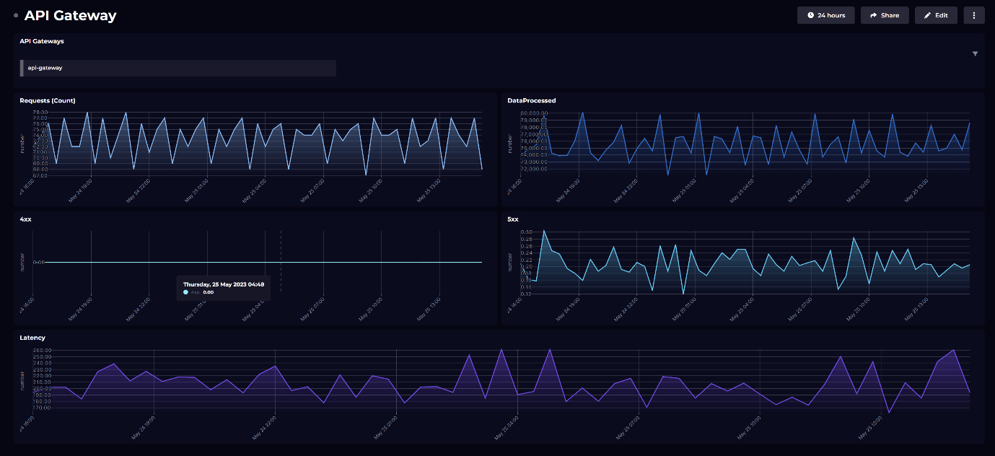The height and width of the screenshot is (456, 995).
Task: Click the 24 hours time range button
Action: pos(825,15)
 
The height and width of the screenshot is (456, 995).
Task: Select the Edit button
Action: pos(936,15)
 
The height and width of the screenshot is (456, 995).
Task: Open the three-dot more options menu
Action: pos(974,15)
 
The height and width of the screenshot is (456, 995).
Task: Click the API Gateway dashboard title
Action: pos(70,15)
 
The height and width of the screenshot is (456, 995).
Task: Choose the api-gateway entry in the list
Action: pos(45,68)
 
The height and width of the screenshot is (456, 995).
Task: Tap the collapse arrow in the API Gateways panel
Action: pos(975,54)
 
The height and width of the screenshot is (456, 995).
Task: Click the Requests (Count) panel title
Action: pos(48,100)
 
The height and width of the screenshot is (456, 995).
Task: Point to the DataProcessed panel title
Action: pos(532,100)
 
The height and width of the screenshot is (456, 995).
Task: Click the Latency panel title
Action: pos(32,338)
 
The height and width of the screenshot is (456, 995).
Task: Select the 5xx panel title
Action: pos(513,219)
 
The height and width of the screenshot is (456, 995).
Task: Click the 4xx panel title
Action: pos(26,219)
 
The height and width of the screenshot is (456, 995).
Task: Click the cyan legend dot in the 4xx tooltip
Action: pos(185,292)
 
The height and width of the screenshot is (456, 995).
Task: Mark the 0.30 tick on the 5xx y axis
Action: pos(526,232)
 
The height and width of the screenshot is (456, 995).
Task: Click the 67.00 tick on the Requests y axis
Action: pos(40,175)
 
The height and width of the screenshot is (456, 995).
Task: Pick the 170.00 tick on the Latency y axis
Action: pos(41,408)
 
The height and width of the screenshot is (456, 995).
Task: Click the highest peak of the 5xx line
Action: pos(543,231)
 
